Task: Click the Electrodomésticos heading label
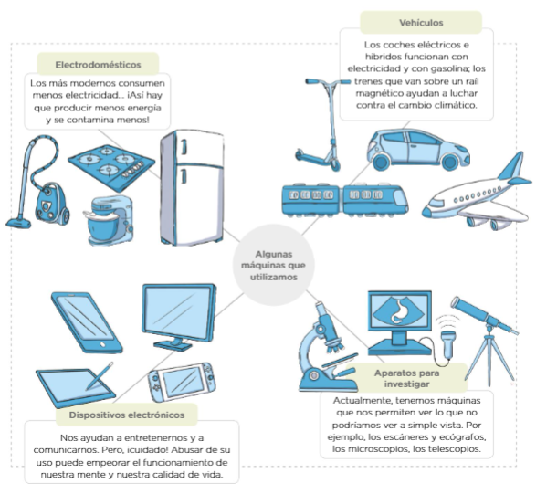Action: pyautogui.click(x=98, y=64)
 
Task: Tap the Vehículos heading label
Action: pyautogui.click(x=421, y=23)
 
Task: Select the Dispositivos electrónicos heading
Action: pyautogui.click(x=127, y=415)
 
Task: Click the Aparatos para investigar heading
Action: pyautogui.click(x=406, y=378)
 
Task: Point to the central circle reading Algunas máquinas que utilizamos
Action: pyautogui.click(x=273, y=266)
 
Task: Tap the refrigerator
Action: pyautogui.click(x=192, y=187)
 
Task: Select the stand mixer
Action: pyautogui.click(x=109, y=220)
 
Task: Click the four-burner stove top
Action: pyautogui.click(x=111, y=167)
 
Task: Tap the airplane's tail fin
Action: pyautogui.click(x=513, y=167)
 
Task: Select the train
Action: pyautogui.click(x=345, y=200)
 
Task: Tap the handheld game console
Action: pyautogui.click(x=182, y=382)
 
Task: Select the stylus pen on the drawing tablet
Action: pyautogui.click(x=100, y=376)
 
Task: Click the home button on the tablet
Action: pyautogui.click(x=102, y=344)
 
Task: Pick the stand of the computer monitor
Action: pyautogui.click(x=173, y=343)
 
